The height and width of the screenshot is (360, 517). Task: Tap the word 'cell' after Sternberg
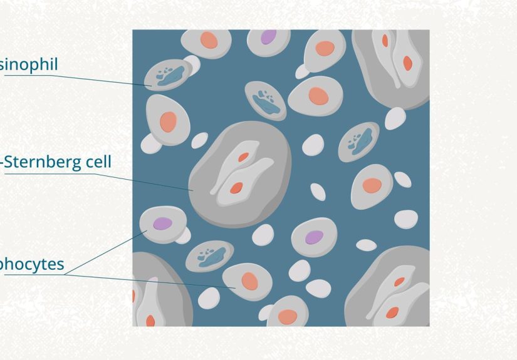[x=98, y=162]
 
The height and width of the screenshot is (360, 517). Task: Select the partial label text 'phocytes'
[x=32, y=264]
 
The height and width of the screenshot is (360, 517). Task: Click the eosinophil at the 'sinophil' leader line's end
[x=167, y=76]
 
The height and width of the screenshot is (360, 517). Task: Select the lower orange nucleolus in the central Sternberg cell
[x=236, y=187]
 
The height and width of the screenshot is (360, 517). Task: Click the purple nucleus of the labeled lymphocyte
[x=162, y=223]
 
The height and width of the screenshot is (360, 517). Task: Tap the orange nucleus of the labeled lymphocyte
[x=249, y=280]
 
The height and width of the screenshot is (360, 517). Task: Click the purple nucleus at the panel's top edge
[x=268, y=36]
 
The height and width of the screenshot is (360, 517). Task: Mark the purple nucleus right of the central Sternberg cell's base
[x=314, y=237]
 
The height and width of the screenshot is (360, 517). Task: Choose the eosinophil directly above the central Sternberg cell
[x=266, y=100]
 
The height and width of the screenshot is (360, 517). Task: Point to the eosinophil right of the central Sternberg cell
[x=358, y=141]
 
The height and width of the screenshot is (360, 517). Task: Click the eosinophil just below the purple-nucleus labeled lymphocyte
[x=210, y=255]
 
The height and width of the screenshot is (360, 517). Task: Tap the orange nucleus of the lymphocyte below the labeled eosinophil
[x=168, y=121]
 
